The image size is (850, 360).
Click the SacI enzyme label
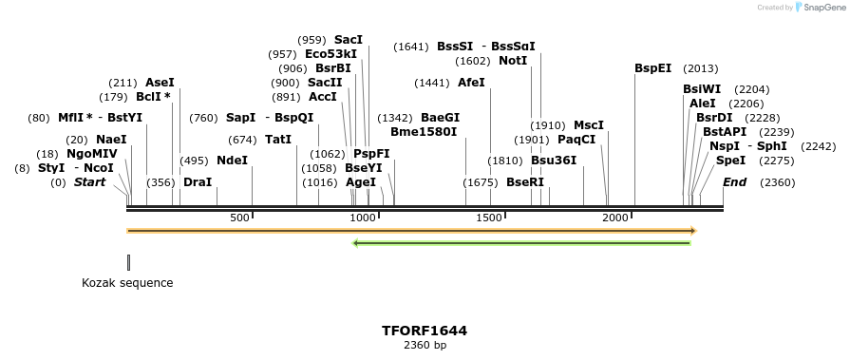(348, 40)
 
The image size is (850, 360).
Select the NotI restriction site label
(512, 61)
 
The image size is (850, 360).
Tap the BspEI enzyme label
(652, 68)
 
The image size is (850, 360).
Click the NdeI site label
(232, 161)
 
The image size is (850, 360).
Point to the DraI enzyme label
(198, 182)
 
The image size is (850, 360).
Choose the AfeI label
(471, 83)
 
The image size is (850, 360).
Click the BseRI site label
(525, 182)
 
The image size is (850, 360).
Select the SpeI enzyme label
(730, 161)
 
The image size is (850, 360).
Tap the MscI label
(588, 125)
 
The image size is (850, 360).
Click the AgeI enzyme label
(361, 182)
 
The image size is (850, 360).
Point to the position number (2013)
(700, 68)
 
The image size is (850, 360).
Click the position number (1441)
(431, 83)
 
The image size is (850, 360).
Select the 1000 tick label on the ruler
(365, 218)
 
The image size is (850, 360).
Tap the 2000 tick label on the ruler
(616, 218)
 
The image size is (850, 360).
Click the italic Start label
(89, 182)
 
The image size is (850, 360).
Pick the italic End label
(734, 182)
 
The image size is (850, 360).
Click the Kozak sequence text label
(127, 283)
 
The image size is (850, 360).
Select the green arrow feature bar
(521, 243)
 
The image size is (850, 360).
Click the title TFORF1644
(425, 331)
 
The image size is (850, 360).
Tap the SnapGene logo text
(822, 7)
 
